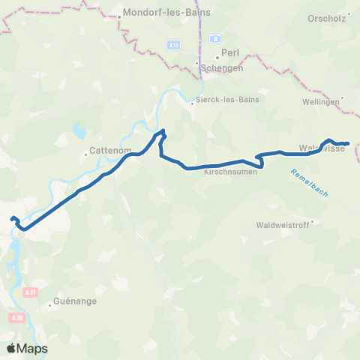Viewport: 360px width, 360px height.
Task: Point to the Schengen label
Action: click(223, 67)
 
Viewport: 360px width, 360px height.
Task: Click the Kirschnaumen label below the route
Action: click(231, 172)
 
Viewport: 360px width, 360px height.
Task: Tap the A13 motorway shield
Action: click(173, 46)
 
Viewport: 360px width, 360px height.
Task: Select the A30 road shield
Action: click(17, 318)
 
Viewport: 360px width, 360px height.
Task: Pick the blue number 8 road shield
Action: click(214, 40)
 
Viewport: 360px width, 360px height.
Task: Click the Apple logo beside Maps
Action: click(12, 348)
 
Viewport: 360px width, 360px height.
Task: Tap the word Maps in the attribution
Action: click(34, 349)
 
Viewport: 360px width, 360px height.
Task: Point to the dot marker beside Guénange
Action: click(49, 304)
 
